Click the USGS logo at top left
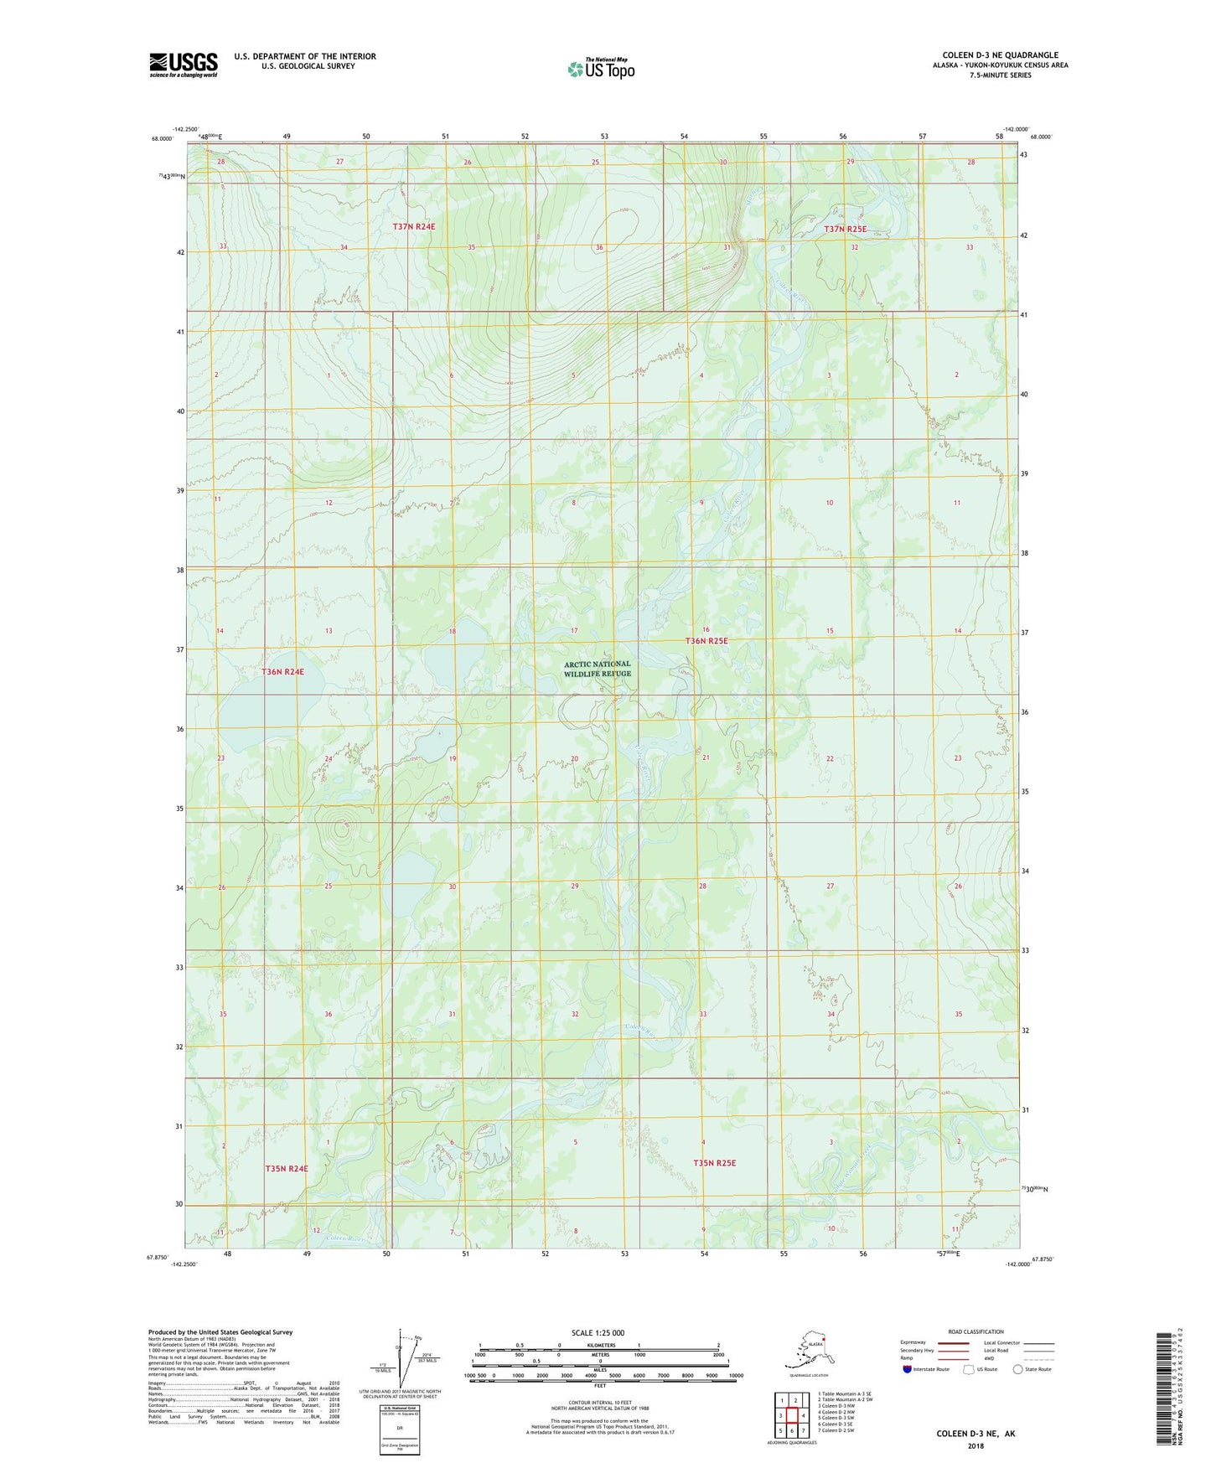(183, 65)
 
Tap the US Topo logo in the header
(601, 69)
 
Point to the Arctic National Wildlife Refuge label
(597, 669)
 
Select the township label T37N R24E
(414, 226)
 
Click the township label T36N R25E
(706, 641)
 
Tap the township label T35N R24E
(287, 1168)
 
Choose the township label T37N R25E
(846, 229)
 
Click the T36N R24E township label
(282, 672)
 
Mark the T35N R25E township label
(714, 1162)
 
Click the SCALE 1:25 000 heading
(598, 1333)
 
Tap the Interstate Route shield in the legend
(908, 1369)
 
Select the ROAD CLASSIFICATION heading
(976, 1331)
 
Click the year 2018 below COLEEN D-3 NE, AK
(976, 1445)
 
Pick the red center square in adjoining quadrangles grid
(792, 1415)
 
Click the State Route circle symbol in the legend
(1018, 1369)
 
